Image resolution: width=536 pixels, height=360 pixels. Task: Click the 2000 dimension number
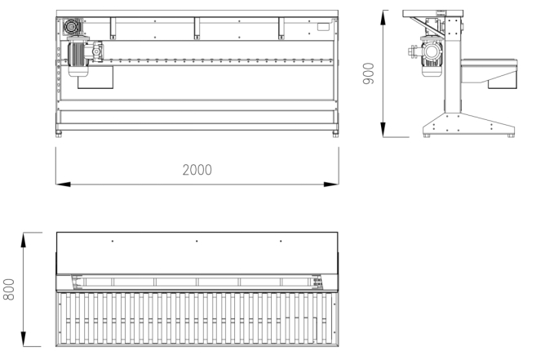[197, 170]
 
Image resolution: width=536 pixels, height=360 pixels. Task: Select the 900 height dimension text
[369, 73]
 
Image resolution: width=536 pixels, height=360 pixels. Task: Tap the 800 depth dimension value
[9, 289]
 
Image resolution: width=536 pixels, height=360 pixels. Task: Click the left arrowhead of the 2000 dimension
[64, 184]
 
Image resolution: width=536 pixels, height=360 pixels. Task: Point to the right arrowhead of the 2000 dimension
[331, 184]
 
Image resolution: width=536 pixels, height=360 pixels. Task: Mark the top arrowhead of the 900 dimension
[383, 18]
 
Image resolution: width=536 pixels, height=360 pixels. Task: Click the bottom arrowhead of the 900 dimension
[383, 129]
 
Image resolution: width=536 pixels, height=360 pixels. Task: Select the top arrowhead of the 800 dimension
[23, 240]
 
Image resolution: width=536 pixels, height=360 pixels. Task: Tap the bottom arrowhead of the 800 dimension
[23, 339]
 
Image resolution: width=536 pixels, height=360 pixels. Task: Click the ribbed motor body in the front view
[76, 54]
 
